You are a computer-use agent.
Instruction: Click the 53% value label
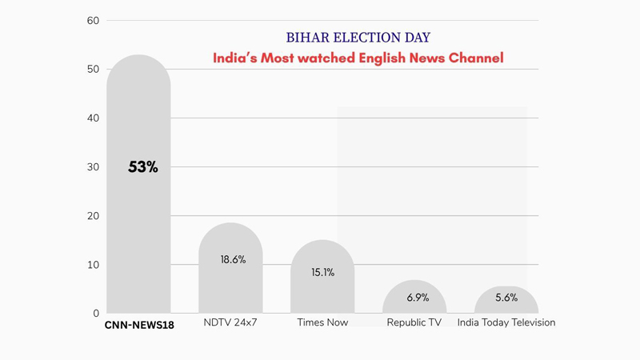pos(143,167)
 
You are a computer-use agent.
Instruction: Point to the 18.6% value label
pos(233,260)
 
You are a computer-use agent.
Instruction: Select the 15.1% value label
pos(323,273)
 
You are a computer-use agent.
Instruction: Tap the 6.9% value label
pos(418,298)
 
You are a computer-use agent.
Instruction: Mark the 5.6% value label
pos(506,298)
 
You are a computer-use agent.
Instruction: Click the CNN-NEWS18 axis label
pos(139,326)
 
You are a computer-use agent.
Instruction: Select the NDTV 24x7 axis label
pos(230,323)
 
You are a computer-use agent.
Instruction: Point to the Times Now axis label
pos(322,323)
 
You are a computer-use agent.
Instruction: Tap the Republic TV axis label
pos(414,323)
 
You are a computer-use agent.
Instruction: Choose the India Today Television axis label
pos(506,323)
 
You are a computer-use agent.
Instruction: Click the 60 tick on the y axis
pos(93,21)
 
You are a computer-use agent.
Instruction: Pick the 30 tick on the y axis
pos(93,167)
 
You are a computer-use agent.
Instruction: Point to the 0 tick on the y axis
pos(96,314)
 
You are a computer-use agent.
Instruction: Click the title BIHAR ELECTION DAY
pos(358,38)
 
